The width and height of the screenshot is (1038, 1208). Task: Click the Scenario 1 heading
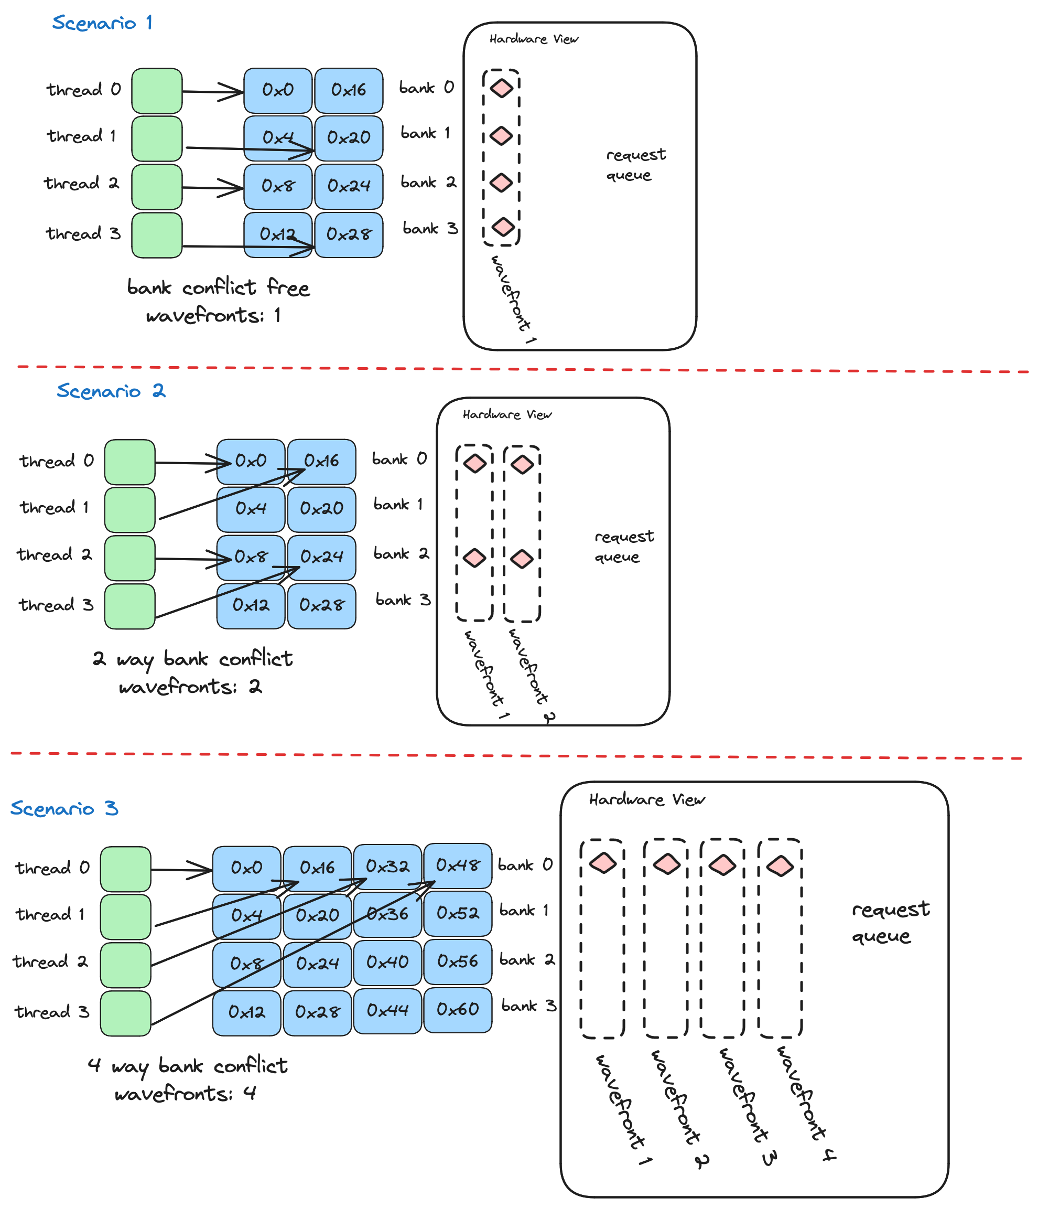click(102, 23)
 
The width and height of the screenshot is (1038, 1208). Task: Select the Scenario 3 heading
click(64, 808)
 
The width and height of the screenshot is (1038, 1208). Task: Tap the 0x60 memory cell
click(458, 1009)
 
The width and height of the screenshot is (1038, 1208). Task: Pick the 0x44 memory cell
click(387, 1010)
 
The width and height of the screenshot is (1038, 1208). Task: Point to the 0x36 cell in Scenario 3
click(387, 914)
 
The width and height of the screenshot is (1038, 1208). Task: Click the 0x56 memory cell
click(458, 961)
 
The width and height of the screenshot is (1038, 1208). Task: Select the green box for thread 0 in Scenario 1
click(157, 91)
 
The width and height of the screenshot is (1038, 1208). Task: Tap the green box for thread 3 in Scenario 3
click(125, 1013)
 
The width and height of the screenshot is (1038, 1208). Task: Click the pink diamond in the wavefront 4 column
click(780, 866)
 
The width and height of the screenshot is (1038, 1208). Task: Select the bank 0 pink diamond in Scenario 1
click(501, 89)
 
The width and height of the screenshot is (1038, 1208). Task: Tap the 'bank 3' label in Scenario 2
click(403, 600)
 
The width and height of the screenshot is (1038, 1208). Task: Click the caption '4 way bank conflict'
click(188, 1066)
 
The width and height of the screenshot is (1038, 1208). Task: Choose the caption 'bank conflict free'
click(218, 288)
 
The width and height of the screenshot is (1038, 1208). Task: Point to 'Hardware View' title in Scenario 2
click(506, 414)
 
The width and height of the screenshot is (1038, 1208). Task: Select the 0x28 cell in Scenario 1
click(349, 234)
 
